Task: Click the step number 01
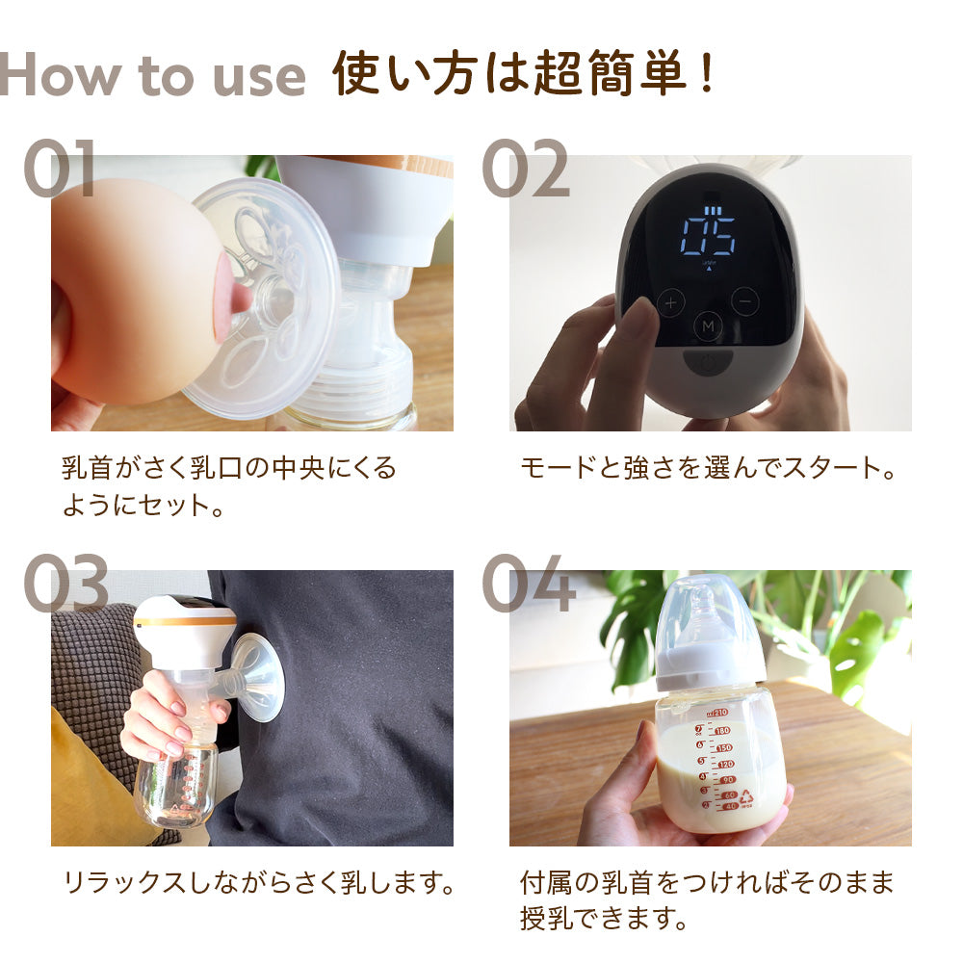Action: tap(60, 169)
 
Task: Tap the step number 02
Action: tap(525, 169)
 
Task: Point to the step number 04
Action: tap(529, 583)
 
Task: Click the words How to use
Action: tap(153, 75)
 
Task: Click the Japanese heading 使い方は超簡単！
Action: tap(525, 74)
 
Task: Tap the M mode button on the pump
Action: tap(708, 326)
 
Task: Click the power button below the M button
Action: tap(708, 363)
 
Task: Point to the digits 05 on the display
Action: tap(708, 234)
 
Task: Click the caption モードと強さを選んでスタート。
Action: tap(708, 469)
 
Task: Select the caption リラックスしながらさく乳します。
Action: tap(258, 881)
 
